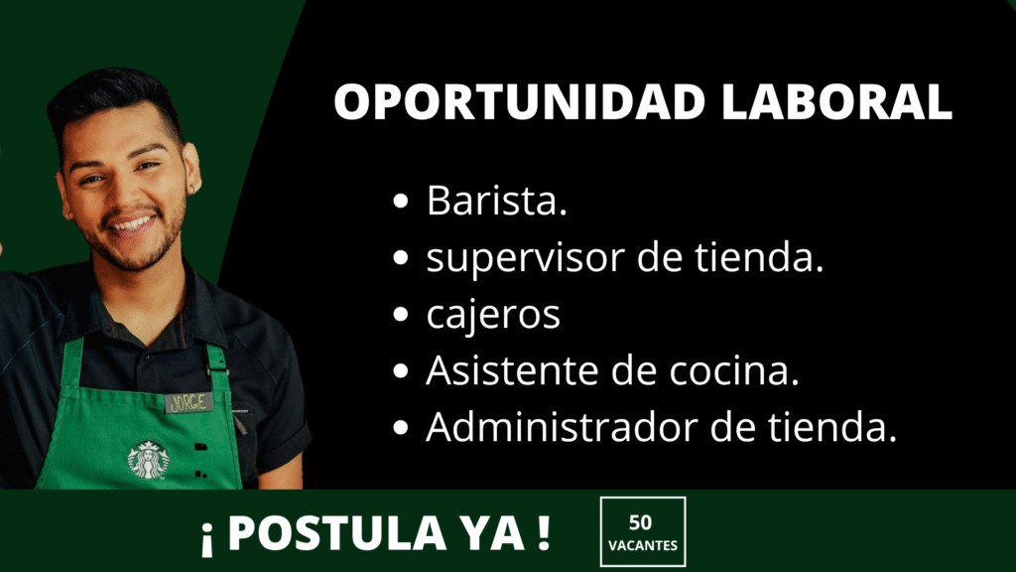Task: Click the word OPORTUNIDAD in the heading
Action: click(x=519, y=102)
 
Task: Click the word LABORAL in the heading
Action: click(x=836, y=102)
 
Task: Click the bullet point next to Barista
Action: click(x=401, y=201)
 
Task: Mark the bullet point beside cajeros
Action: click(x=401, y=315)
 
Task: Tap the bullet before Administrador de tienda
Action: click(x=401, y=428)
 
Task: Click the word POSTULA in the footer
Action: click(x=337, y=533)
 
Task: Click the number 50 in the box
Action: click(x=640, y=522)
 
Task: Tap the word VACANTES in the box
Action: click(x=643, y=545)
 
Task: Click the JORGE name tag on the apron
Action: click(x=189, y=403)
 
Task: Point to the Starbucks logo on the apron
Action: click(x=149, y=460)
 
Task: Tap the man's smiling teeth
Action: click(x=133, y=224)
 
